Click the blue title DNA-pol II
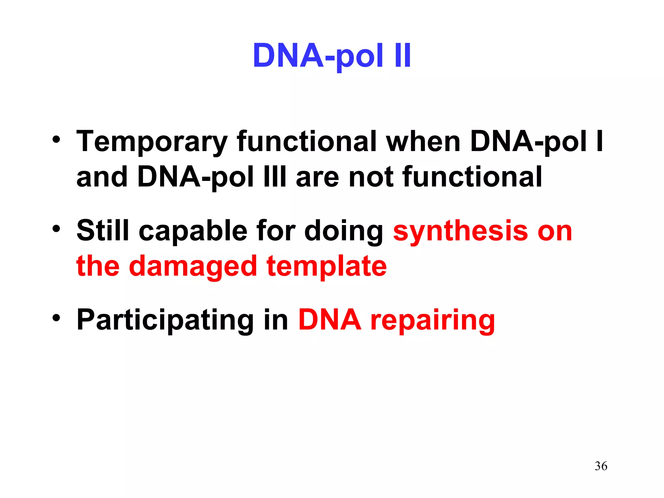click(332, 56)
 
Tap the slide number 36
click(601, 466)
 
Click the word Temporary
click(151, 142)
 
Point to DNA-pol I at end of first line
click(537, 142)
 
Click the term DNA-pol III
click(212, 177)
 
